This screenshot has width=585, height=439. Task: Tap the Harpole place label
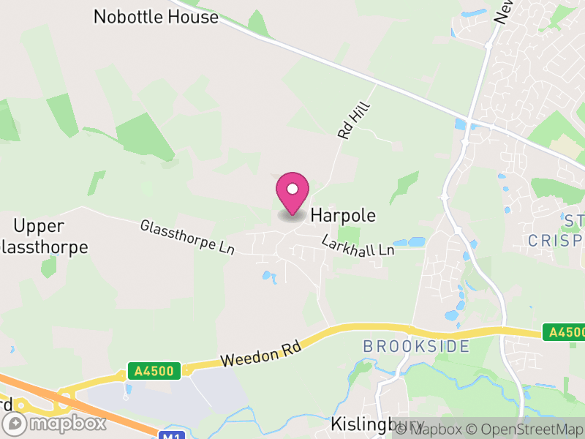343,216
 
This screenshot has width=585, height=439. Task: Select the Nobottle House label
156,17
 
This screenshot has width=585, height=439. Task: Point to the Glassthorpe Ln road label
187,237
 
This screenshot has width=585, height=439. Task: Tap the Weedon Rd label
261,355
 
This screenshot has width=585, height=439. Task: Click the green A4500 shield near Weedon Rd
154,371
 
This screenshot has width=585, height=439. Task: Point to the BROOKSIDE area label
416,346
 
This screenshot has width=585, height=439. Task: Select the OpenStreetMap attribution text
524,429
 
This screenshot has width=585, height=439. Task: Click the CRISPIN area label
556,240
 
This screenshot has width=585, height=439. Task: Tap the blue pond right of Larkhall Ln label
411,241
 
